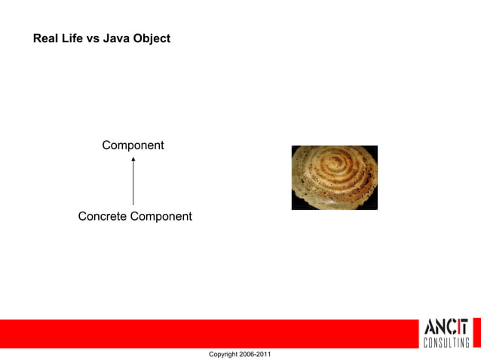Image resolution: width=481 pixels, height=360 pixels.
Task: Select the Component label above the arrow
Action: click(x=133, y=145)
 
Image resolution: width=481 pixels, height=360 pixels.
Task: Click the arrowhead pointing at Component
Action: click(x=133, y=159)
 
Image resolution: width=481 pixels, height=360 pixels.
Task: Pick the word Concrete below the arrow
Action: click(x=103, y=217)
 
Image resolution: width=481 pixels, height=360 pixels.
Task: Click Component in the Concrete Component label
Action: click(x=161, y=217)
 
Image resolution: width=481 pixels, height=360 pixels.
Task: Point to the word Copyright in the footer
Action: click(x=225, y=354)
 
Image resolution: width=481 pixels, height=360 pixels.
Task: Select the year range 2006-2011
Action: click(x=257, y=354)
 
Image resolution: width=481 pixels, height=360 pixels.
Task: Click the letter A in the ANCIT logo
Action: click(x=431, y=328)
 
